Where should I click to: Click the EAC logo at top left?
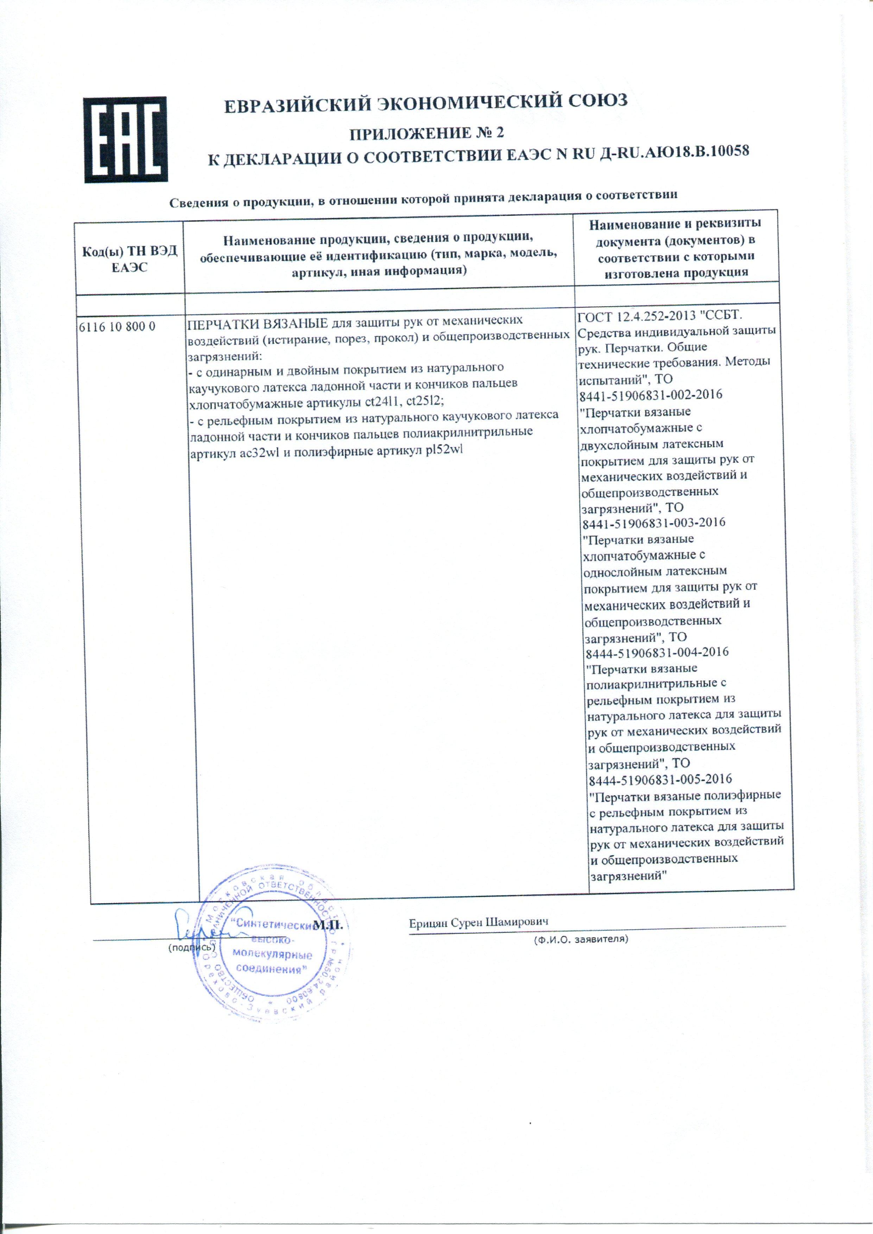click(125, 140)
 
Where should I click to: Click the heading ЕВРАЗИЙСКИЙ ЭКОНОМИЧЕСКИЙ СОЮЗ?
click(425, 103)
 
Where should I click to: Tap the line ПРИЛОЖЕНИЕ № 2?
click(426, 133)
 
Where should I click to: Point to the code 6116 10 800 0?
click(117, 326)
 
